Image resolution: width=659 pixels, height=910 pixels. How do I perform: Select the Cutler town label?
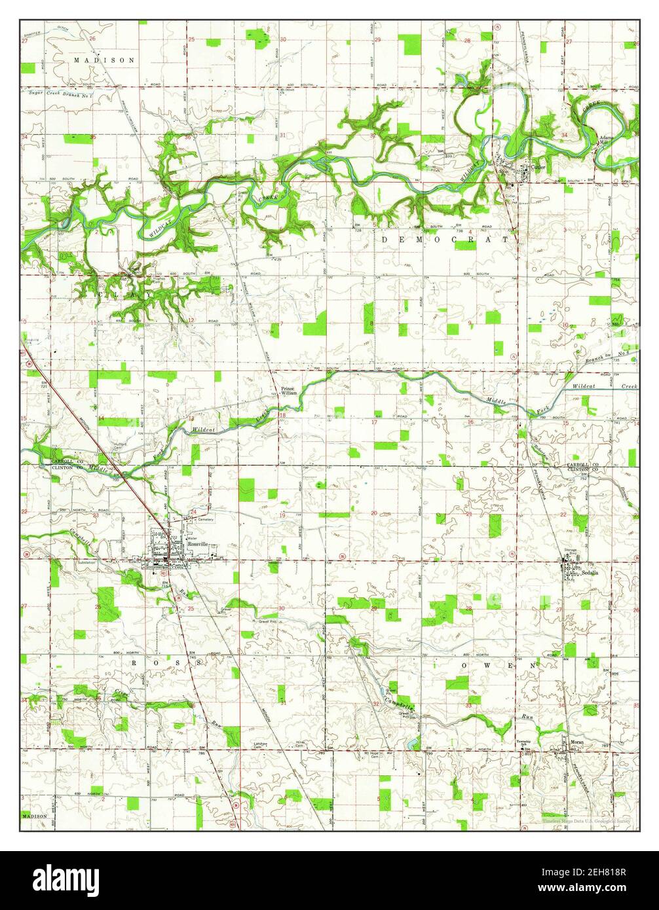pos(539,168)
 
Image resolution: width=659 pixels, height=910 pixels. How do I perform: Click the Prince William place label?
pos(289,391)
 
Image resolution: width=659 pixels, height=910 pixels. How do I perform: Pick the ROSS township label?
pos(166,663)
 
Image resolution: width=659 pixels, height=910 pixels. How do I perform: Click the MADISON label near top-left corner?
pos(104,60)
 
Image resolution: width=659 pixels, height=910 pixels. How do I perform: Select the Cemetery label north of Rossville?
pos(202,519)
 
